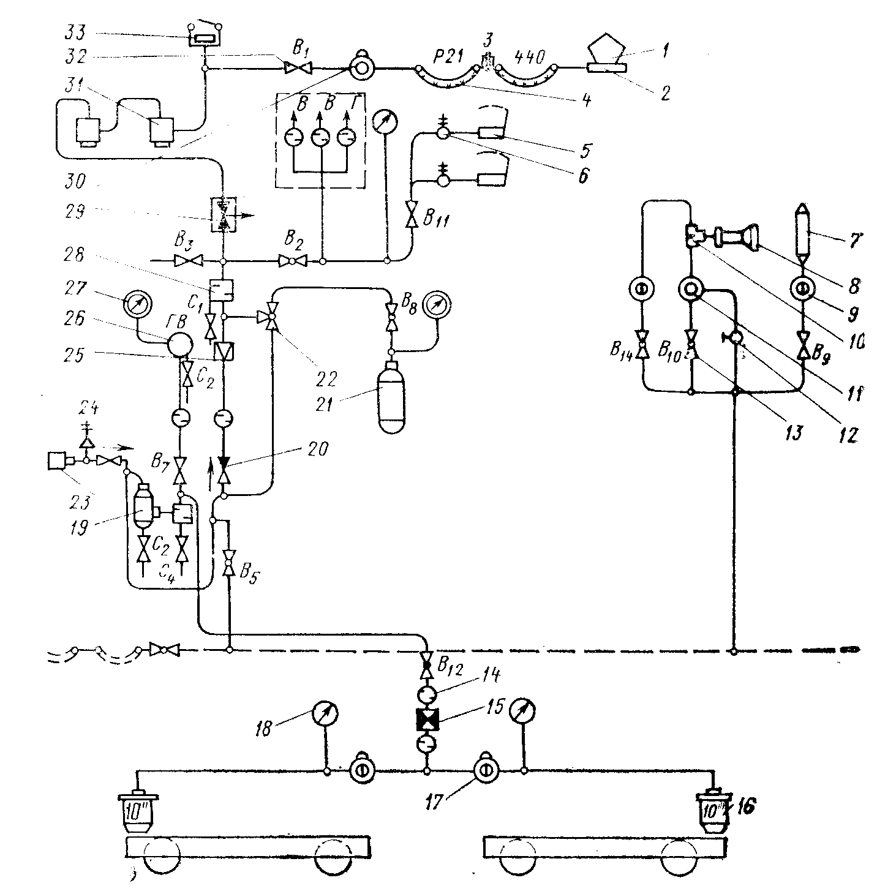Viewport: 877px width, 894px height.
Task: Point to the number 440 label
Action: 527,59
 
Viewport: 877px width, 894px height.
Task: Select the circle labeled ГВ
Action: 179,347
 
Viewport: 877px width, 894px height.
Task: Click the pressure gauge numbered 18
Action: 325,713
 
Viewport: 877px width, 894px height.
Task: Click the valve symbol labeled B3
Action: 184,261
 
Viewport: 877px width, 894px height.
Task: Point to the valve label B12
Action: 452,662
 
